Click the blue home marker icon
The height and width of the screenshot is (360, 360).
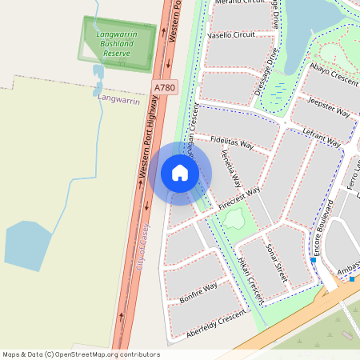pyautogui.click(x=180, y=173)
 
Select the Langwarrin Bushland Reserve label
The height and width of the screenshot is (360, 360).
pyautogui.click(x=116, y=44)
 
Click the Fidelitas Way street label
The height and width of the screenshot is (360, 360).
pyautogui.click(x=232, y=142)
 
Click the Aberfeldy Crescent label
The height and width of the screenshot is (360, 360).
pyautogui.click(x=214, y=326)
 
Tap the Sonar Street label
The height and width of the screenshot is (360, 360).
pyautogui.click(x=276, y=261)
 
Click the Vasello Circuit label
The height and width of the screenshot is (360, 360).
pyautogui.click(x=230, y=35)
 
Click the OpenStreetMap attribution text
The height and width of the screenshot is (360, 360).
pyautogui.click(x=81, y=354)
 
